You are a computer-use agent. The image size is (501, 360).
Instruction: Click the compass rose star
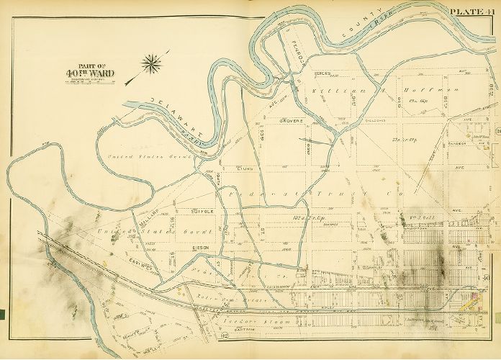[x=152, y=65]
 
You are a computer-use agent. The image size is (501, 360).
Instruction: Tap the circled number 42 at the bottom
[x=225, y=336]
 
